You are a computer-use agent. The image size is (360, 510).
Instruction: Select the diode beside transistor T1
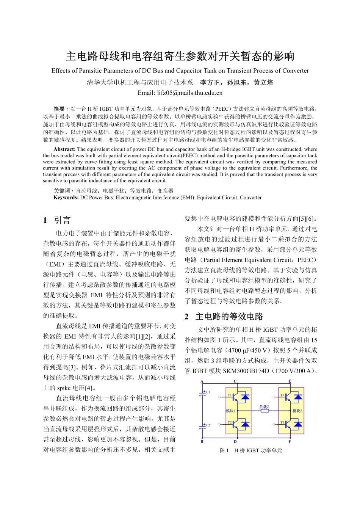point(245,397)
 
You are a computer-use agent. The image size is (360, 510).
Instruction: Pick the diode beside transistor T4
point(298,424)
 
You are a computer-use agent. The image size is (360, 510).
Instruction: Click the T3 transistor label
point(282,395)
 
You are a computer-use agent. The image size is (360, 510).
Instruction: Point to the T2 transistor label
point(229,422)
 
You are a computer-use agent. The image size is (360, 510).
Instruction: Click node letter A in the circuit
point(202,381)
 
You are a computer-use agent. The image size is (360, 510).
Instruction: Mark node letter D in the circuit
point(235,441)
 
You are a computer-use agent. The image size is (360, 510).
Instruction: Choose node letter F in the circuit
point(290,441)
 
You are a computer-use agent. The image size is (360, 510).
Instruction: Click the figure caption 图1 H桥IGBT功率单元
point(251,450)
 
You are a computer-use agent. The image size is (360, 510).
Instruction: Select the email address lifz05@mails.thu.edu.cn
point(180,93)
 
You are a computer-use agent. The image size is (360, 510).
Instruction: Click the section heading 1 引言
point(57,220)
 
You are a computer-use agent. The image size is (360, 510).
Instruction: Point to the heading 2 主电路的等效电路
point(224,317)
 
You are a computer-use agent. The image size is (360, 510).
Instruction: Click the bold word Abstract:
point(64,149)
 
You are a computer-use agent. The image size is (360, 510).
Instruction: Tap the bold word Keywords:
point(66,198)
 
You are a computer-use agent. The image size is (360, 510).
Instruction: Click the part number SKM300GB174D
point(246,371)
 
